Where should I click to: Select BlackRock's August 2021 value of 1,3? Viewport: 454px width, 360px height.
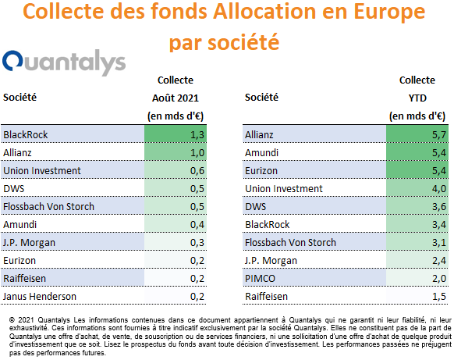(x=197, y=135)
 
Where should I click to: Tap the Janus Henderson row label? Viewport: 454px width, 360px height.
(x=40, y=297)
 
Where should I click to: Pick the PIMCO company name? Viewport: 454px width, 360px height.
(x=260, y=279)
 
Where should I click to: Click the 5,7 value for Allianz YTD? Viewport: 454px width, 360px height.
(x=439, y=135)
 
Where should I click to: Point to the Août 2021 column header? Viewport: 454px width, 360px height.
(x=176, y=98)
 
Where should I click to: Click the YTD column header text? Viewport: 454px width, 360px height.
(x=417, y=98)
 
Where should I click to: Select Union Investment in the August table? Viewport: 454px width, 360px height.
(x=42, y=171)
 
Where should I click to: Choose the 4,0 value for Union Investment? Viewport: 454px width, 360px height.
(x=439, y=189)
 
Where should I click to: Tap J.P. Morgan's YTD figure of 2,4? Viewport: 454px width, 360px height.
(x=439, y=261)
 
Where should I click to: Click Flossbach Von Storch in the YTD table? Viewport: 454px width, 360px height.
(x=290, y=243)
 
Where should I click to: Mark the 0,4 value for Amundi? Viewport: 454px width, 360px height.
(x=197, y=225)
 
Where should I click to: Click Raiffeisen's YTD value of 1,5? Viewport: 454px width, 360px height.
(x=439, y=297)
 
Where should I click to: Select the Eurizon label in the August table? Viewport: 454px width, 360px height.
(x=20, y=261)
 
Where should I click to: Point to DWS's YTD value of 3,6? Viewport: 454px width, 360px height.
(x=439, y=207)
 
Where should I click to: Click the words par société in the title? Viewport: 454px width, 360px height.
(x=224, y=43)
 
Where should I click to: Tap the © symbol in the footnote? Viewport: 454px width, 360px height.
(x=12, y=320)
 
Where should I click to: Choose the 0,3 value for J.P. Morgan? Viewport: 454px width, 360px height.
(x=197, y=243)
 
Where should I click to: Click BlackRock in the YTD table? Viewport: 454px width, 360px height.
(x=268, y=225)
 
